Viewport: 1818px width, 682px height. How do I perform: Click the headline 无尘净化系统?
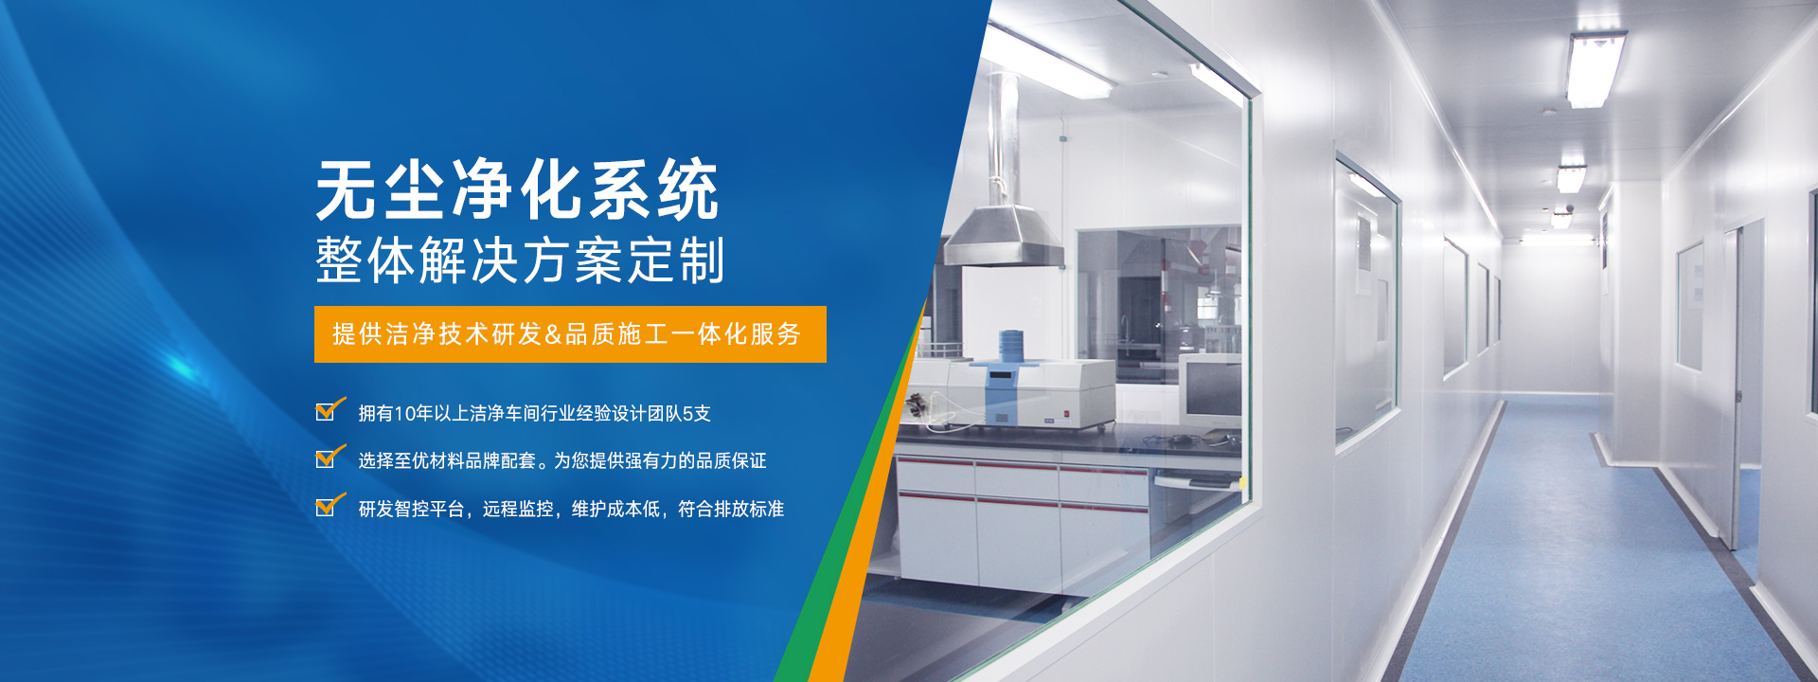coord(517,189)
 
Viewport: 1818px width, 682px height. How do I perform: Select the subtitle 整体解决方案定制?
coord(520,260)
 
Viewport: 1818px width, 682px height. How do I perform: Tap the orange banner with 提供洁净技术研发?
coord(570,334)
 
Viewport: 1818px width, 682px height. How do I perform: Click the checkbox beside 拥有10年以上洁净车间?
coord(328,411)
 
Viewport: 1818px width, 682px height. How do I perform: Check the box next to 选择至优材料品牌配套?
coord(328,458)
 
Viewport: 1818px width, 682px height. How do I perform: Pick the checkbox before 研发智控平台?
coord(328,507)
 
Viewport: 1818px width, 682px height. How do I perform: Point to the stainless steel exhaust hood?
coord(1005,237)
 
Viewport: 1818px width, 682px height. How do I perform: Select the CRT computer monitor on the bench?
coord(1210,390)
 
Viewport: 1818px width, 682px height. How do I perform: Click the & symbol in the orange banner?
coord(554,334)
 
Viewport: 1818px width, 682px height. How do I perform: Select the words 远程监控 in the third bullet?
coord(518,509)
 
